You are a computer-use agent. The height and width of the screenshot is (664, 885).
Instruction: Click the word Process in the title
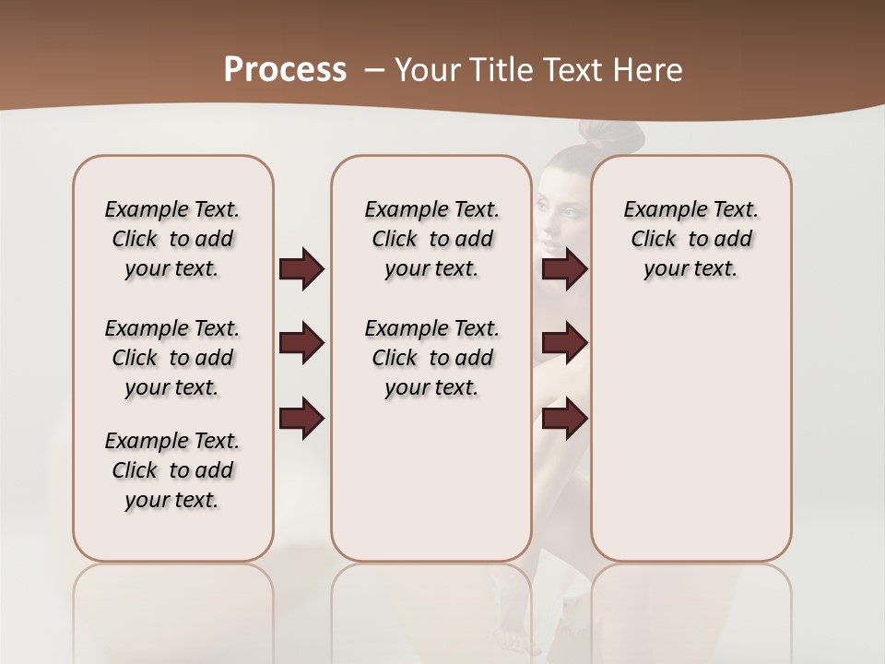click(285, 70)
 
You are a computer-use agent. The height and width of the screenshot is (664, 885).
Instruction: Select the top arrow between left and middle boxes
click(301, 268)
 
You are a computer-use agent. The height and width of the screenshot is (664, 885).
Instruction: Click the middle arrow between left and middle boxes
click(301, 344)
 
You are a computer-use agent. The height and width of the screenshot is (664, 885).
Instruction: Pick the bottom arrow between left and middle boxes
click(301, 419)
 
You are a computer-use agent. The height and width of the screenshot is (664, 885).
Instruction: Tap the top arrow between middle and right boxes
click(564, 268)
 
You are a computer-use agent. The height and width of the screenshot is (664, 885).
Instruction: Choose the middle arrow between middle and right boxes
click(564, 344)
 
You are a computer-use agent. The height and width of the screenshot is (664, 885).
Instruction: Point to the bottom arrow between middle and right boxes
click(564, 419)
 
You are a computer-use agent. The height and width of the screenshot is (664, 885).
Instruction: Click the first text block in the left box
click(172, 239)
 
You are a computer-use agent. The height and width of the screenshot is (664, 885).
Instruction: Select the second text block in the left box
click(172, 358)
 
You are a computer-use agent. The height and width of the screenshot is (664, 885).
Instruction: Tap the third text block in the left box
click(172, 470)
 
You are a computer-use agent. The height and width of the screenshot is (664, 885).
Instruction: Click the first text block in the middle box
click(431, 239)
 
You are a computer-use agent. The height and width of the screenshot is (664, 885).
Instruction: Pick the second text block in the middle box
click(431, 358)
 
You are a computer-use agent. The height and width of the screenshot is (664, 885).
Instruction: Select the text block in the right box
click(690, 239)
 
